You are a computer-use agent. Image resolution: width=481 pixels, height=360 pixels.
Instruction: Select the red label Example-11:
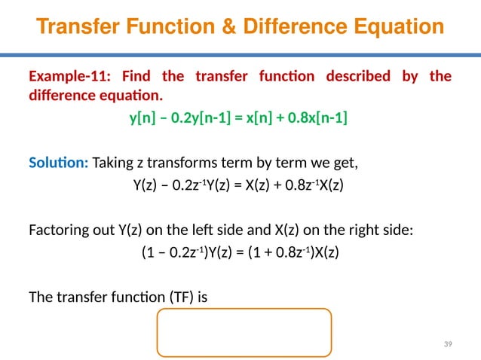point(66,77)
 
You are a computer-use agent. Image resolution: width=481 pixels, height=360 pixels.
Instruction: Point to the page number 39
point(448,344)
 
